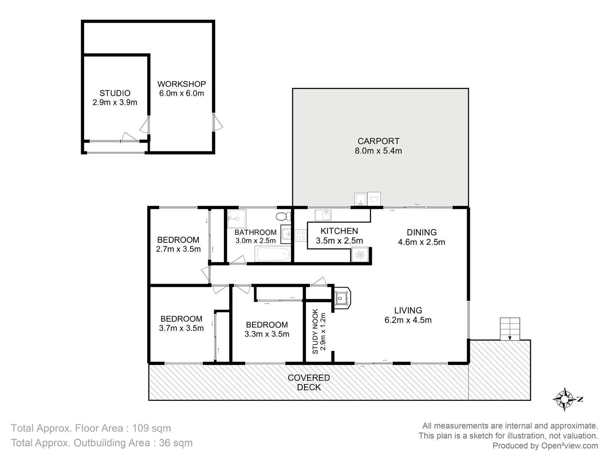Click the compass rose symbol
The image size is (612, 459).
click(564, 399)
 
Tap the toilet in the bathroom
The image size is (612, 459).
click(283, 216)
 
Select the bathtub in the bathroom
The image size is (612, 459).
click(273, 254)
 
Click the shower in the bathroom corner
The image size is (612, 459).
click(237, 219)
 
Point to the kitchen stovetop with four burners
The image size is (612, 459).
click(301, 235)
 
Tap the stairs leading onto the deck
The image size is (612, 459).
click(509, 329)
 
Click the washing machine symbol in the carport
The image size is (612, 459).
click(374, 199)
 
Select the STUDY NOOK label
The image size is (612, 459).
click(315, 331)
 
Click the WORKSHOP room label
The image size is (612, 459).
click(182, 84)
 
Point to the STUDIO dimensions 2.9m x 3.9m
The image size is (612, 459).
click(115, 102)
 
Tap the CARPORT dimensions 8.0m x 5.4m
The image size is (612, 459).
click(378, 151)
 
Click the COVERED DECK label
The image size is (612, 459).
click(309, 382)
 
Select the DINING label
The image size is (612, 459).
click(422, 232)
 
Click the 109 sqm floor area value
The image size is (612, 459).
click(151, 428)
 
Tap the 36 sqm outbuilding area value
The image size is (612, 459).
click(176, 443)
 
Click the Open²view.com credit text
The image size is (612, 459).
click(570, 446)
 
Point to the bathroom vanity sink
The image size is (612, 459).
click(286, 234)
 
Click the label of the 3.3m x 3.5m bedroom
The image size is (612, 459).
click(267, 325)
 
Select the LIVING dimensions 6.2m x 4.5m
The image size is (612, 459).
click(408, 320)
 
